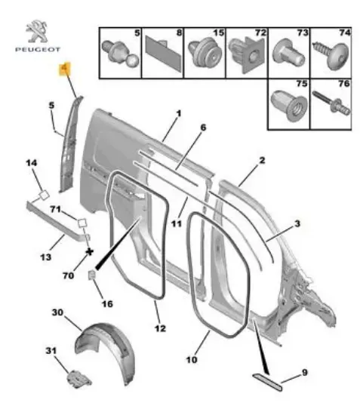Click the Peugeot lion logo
37,31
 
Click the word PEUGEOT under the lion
38,50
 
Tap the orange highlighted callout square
65,69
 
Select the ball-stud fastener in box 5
121,54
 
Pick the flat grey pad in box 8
163,54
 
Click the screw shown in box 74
331,56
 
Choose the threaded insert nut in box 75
289,106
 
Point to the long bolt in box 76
331,103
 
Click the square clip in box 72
247,55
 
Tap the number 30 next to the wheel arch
57,312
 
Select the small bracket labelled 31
79,379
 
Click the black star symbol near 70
90,252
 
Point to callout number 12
160,328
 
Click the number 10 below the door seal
192,360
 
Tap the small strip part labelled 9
268,382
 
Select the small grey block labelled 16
91,275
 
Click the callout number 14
32,163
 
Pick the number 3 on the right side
297,223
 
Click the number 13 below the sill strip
46,257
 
